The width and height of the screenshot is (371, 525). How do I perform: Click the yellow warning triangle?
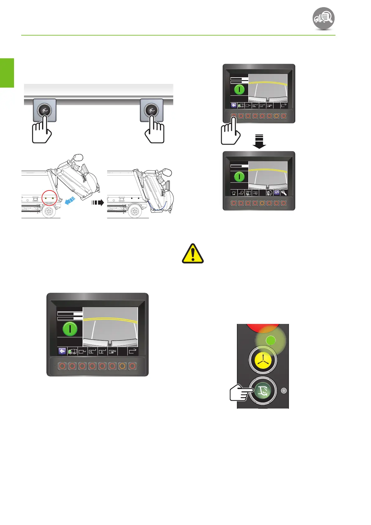193,253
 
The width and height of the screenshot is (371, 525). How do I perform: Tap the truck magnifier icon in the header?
324,18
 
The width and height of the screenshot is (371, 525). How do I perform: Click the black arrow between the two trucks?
98,203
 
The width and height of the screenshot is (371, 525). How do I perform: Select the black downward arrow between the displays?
259,142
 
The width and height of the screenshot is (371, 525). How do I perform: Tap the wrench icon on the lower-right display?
284,193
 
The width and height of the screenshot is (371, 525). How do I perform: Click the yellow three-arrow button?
263,360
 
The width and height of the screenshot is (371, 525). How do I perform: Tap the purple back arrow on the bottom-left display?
62,351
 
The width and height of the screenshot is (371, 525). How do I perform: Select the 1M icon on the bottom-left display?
112,352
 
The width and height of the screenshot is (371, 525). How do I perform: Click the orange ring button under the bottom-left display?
122,366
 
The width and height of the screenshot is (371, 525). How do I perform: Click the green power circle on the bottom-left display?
70,329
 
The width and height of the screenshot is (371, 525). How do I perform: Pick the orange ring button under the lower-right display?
262,203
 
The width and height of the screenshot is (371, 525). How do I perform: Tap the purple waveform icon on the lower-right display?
277,193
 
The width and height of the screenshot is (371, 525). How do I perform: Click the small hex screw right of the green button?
283,391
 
